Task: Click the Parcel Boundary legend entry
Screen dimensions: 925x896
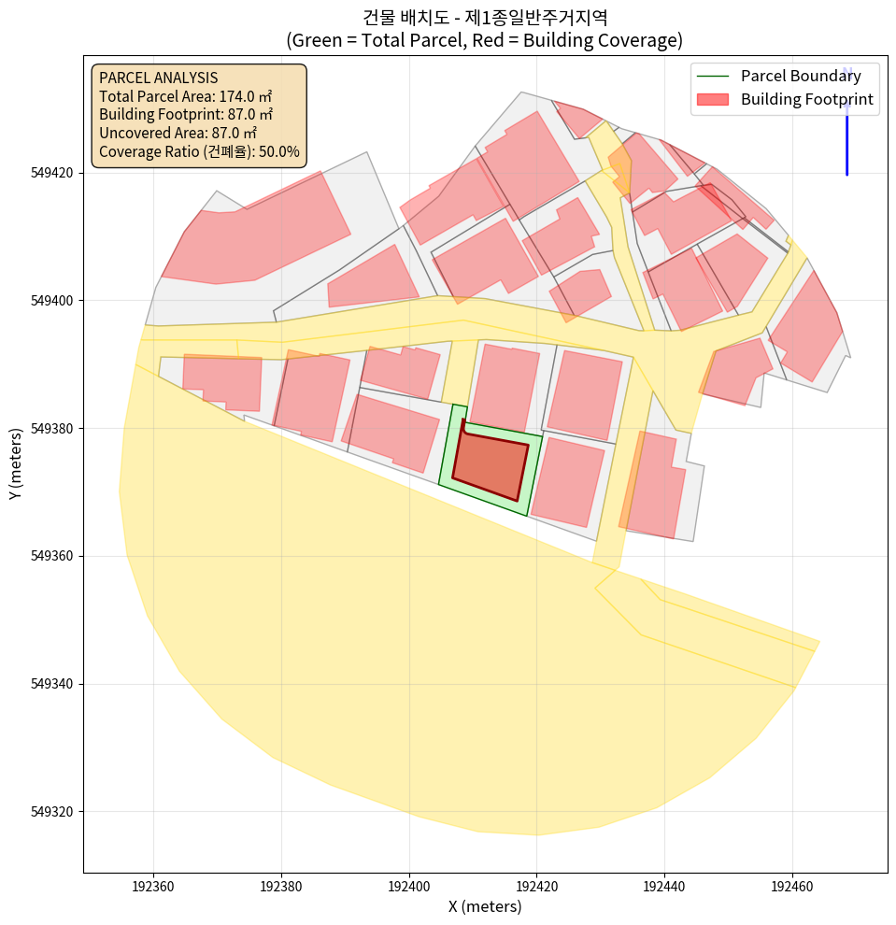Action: [801, 77]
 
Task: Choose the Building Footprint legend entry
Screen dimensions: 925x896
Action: [806, 99]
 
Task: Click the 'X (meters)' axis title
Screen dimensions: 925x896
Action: [485, 906]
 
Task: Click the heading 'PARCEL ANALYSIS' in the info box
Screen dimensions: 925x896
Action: [158, 78]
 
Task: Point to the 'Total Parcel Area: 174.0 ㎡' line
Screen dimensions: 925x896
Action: [185, 96]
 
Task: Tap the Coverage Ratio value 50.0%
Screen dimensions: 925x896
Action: [278, 151]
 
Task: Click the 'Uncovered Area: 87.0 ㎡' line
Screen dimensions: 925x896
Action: [178, 133]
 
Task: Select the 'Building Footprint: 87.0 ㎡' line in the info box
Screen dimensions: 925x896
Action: [186, 114]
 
